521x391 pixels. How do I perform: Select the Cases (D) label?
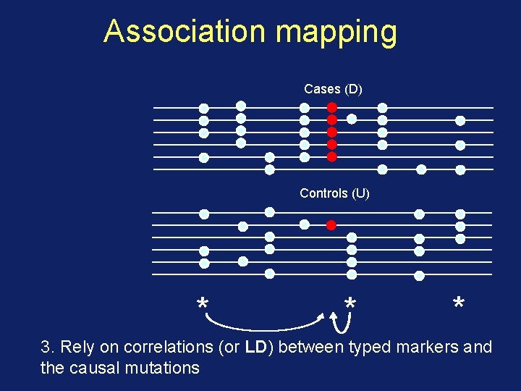[x=333, y=89]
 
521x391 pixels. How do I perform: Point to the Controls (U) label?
[x=334, y=193]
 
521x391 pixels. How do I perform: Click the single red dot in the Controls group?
[x=331, y=224]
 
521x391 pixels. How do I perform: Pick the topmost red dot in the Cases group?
[x=332, y=107]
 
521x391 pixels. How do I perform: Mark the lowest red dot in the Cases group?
[x=332, y=156]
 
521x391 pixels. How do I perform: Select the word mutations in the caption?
[x=164, y=368]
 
